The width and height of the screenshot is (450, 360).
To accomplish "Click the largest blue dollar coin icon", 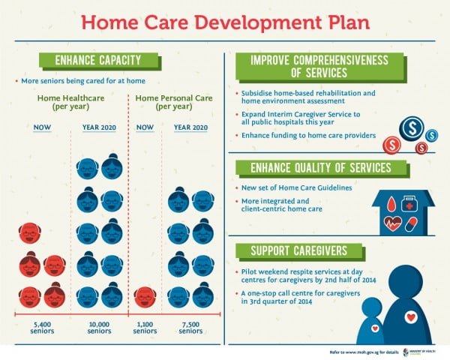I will [x=411, y=130].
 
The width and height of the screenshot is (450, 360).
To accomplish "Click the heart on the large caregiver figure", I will [x=410, y=316].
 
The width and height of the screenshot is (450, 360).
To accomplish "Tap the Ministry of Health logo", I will [x=416, y=351].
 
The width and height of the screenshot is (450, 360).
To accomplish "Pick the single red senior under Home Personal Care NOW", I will [x=145, y=296].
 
